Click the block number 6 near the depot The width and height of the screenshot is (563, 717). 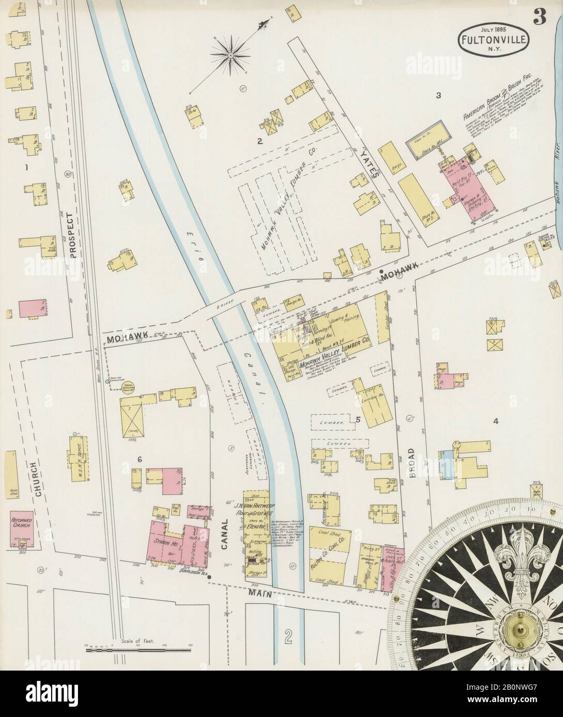point(139,459)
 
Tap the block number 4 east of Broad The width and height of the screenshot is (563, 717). point(495,421)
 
